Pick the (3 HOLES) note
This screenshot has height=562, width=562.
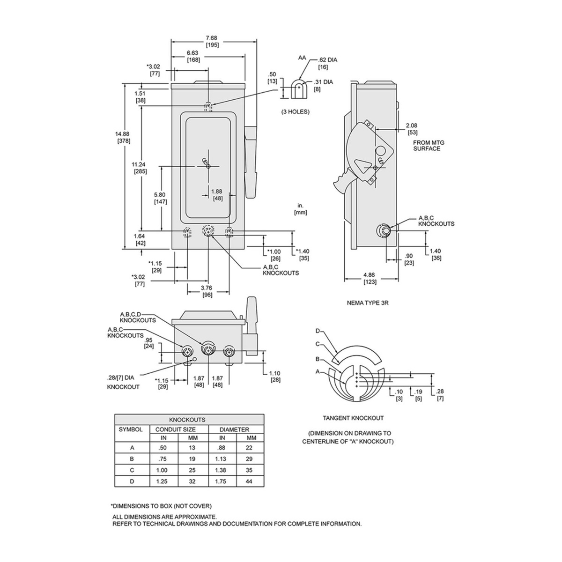point(295,112)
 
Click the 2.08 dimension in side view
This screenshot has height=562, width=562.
point(412,125)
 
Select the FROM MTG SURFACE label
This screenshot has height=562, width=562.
point(427,145)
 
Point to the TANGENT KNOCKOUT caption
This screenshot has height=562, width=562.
point(354,418)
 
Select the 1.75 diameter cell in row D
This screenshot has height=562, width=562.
point(222,481)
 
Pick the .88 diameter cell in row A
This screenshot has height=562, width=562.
point(222,447)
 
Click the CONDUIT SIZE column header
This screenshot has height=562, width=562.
point(176,429)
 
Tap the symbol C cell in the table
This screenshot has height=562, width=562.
point(132,469)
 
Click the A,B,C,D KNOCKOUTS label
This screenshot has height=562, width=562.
point(138,317)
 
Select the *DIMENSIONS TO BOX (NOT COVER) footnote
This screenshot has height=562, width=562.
point(161,506)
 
